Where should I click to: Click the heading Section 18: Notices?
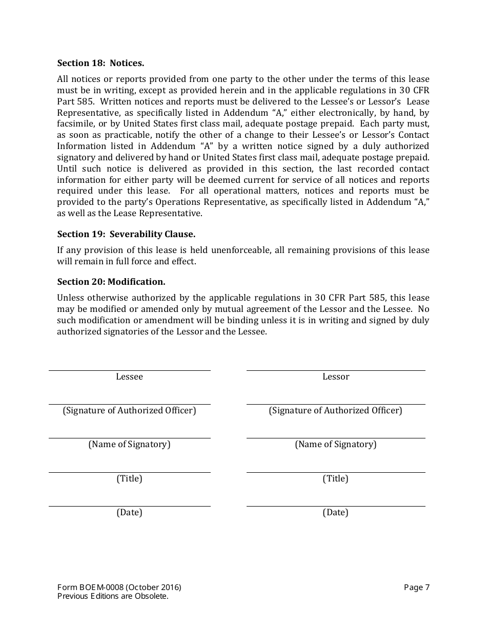100,64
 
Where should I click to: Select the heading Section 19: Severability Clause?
126,234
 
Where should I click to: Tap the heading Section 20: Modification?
111,282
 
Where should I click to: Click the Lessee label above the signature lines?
129,377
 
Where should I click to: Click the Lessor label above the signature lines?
336,377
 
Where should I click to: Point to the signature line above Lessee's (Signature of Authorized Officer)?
129,404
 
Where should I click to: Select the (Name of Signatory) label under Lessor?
336,445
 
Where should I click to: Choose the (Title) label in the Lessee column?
129,479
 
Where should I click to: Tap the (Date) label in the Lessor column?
336,513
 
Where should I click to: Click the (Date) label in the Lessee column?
129,513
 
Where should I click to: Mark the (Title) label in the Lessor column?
336,479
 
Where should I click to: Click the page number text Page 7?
416,587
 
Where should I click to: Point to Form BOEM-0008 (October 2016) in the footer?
119,587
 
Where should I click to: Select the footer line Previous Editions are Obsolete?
113,596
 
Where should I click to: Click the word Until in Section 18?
66,169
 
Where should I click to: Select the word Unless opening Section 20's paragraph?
70,298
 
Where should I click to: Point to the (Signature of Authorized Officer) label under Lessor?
336,411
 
